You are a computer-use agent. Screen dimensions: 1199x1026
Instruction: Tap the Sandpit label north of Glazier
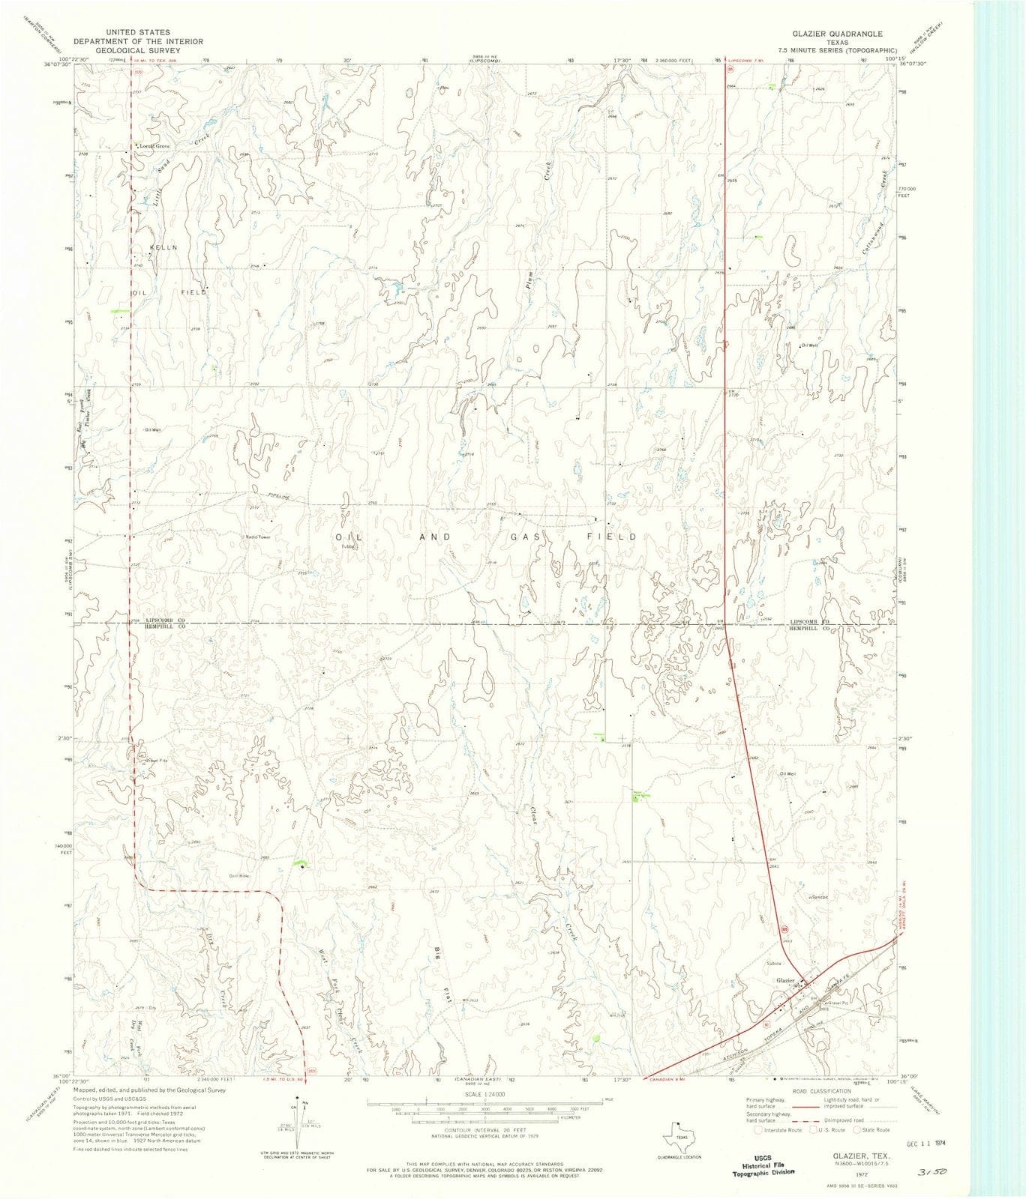(819, 896)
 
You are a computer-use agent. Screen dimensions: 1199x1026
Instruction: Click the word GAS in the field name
(522, 537)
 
